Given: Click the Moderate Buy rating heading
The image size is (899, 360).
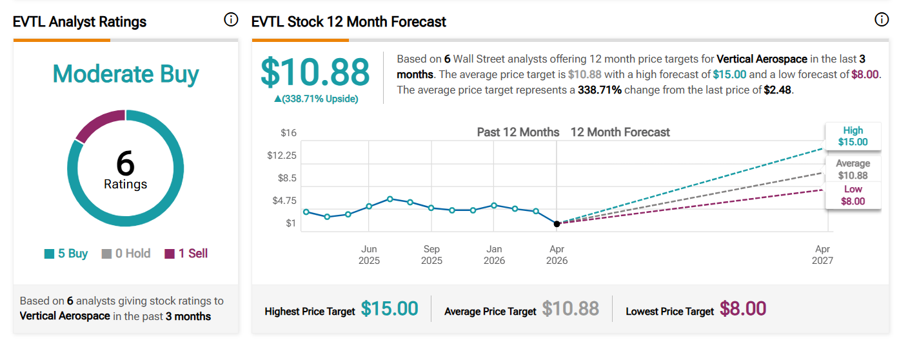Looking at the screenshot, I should click(126, 74).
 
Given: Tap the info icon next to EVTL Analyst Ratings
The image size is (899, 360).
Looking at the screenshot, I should click(231, 20).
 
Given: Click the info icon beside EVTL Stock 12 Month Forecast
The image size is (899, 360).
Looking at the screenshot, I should click(882, 20).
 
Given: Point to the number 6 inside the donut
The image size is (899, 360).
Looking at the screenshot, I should click(125, 164).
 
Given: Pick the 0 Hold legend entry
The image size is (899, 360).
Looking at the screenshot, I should click(126, 254).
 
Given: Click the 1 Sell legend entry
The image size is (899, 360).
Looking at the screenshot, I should click(186, 254).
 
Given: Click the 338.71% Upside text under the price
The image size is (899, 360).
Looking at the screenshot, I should click(316, 99).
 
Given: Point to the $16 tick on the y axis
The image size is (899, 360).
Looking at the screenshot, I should click(288, 133).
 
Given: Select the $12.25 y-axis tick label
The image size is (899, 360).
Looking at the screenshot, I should click(282, 155).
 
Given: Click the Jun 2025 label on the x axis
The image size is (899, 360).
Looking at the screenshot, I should click(369, 255).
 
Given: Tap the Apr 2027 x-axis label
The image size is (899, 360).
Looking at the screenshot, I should click(823, 255).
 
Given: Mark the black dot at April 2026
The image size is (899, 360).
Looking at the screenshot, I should click(557, 223).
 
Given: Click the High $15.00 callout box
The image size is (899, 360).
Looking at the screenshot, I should click(853, 136).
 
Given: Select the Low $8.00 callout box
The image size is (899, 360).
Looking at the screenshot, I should click(853, 195).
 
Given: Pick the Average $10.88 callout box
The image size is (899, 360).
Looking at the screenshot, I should click(853, 170).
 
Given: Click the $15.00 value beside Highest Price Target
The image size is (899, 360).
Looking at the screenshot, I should click(390, 309).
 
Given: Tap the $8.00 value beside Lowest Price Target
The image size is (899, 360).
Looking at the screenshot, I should click(743, 309).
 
